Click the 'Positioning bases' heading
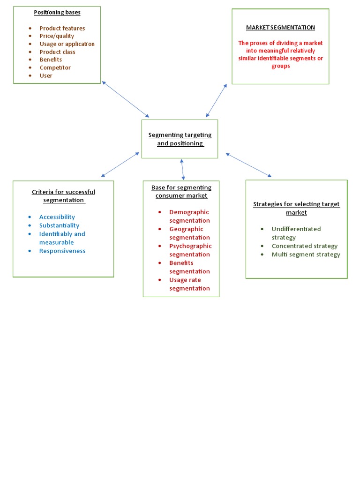click(57, 13)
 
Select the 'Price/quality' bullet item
click(57, 36)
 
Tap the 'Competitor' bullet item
click(55, 67)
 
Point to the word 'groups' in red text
click(281, 66)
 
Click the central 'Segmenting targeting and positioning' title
click(180, 139)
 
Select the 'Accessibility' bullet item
click(57, 217)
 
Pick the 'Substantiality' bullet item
click(59, 225)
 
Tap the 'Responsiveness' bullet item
click(62, 251)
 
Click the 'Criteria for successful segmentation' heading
click(63, 196)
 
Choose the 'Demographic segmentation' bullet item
click(189, 217)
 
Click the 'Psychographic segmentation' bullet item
click(190, 250)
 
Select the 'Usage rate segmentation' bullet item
click(189, 284)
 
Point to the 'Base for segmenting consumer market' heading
click(181, 192)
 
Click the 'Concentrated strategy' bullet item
click(305, 246)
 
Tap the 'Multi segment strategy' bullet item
click(306, 255)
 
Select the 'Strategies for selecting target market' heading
click(296, 208)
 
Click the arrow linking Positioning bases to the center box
click(126, 99)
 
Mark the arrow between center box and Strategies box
click(248, 165)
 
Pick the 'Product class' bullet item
click(57, 52)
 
